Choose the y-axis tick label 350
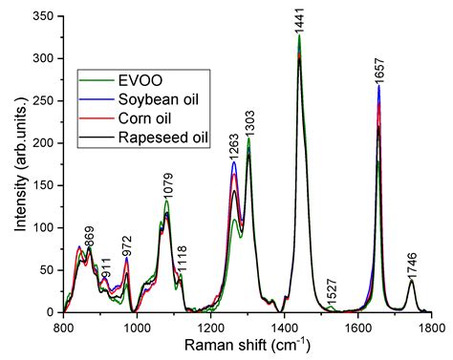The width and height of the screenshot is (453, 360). (x=44, y=17)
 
